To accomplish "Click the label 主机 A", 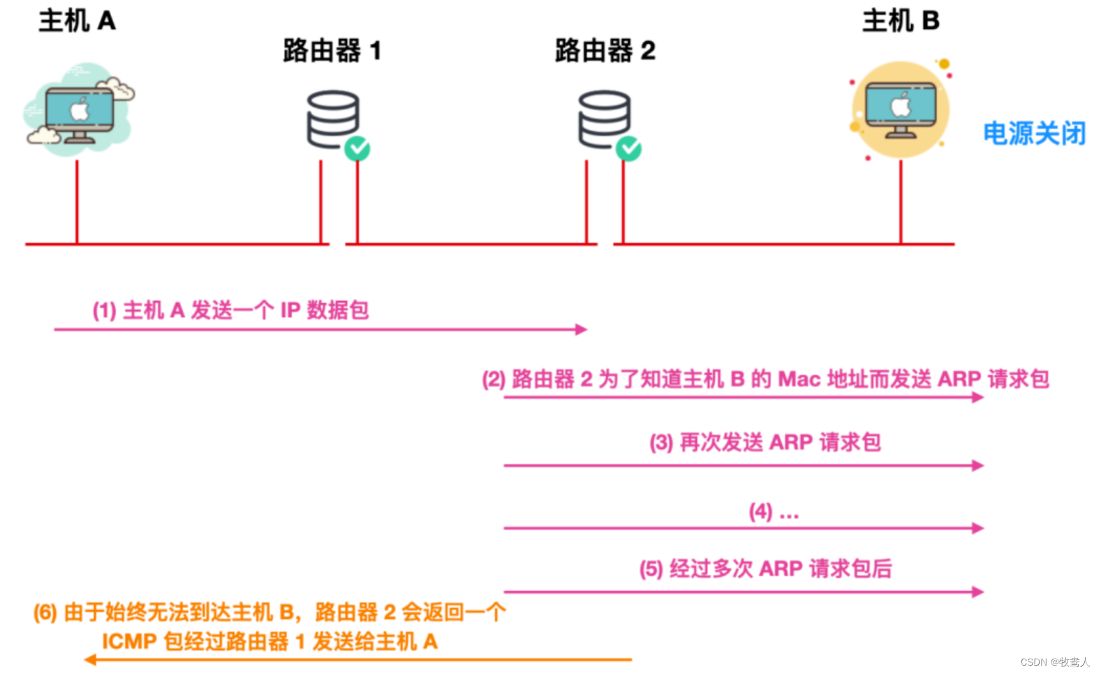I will point(77,21).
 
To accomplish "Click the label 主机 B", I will point(901,21).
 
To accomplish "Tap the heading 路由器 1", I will point(332,51).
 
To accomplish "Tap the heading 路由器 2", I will point(605,51).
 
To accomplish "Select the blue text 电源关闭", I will point(1034,133).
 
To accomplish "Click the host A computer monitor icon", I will point(79,112).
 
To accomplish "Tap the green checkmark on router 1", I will point(357,148).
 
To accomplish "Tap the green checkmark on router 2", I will point(628,148).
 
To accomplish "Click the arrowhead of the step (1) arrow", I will point(582,329).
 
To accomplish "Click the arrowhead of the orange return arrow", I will point(90,659).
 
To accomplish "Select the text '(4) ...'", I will point(774,512).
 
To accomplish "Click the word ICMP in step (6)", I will point(129,641).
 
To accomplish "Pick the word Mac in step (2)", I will point(799,379).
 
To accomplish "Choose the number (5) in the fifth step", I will point(651,569).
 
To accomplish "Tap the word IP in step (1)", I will point(290,310).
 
